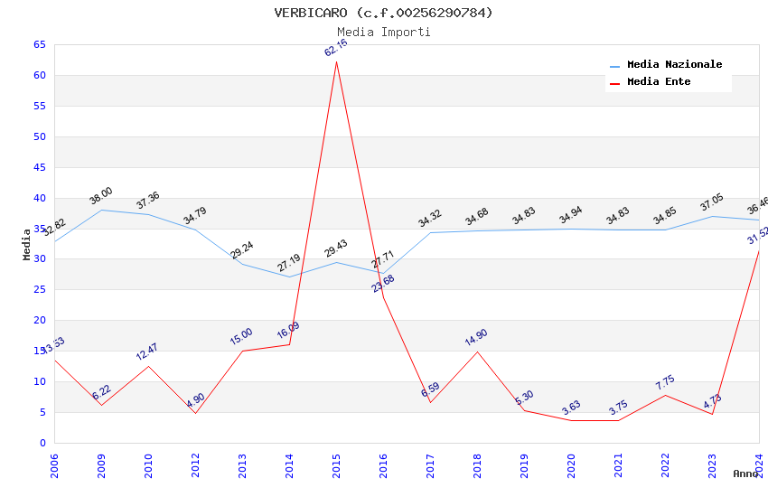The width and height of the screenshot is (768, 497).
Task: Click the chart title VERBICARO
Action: tap(384, 13)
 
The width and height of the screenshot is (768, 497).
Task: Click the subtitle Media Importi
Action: tap(384, 33)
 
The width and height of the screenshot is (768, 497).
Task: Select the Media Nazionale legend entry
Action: tap(674, 65)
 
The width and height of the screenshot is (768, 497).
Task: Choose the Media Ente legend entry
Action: tap(659, 82)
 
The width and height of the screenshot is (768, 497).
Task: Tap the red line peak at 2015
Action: tap(336, 61)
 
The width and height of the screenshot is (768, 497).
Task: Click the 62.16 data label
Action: tap(336, 48)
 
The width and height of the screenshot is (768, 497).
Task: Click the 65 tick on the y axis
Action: tap(40, 44)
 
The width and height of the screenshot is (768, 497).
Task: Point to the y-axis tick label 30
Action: tap(40, 259)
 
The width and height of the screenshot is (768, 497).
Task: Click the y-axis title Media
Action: tap(27, 244)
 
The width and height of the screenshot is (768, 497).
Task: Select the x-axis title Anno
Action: tap(745, 474)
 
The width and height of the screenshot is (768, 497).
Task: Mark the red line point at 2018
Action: tap(477, 352)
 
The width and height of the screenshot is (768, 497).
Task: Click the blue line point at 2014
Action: tap(289, 277)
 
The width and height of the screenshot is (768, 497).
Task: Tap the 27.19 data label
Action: tap(289, 263)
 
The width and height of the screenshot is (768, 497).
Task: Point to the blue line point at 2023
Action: tap(712, 216)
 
